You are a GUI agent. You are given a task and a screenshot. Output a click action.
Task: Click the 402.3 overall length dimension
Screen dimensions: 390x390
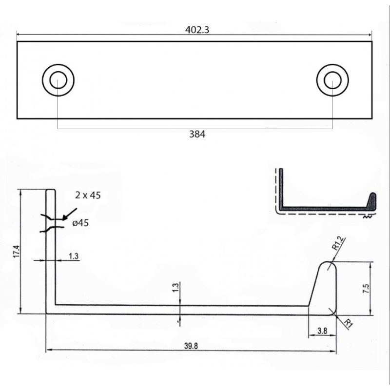click(197, 30)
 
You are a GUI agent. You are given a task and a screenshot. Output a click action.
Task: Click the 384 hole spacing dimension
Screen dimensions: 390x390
click(197, 134)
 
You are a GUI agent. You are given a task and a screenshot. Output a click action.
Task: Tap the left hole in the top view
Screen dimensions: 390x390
click(58, 80)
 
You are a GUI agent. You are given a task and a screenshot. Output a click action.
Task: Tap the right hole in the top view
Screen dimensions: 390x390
click(332, 80)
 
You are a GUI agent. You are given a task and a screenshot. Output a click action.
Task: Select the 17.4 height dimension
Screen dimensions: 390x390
click(17, 252)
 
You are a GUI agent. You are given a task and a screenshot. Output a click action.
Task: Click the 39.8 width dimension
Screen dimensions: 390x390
click(191, 346)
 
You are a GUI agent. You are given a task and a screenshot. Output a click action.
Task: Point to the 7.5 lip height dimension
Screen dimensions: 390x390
click(366, 289)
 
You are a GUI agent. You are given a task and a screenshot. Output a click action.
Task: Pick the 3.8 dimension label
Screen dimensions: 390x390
click(322, 331)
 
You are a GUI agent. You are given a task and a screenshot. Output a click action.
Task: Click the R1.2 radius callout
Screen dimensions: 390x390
click(338, 243)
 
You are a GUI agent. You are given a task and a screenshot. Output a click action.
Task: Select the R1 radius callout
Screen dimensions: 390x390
click(349, 323)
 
